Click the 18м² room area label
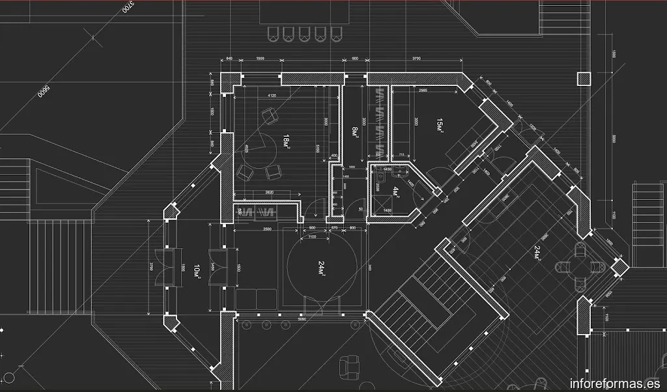287,141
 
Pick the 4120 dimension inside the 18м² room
272,96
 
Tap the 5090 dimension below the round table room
302,320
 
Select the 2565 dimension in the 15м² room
423,90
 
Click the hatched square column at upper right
583,79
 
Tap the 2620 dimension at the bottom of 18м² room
269,193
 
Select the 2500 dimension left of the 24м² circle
267,229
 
